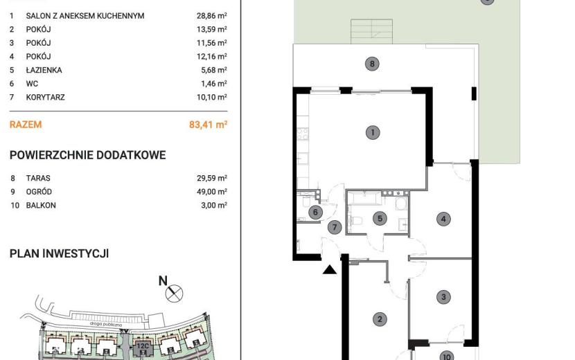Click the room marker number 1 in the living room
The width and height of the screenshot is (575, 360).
coord(373,132)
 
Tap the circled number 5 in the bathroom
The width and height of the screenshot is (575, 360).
coord(380,219)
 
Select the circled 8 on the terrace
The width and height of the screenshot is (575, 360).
coord(372,64)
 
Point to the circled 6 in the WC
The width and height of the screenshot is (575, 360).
coord(315,212)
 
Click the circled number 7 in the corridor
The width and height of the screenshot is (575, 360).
coord(335,227)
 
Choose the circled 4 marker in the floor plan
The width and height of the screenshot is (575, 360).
coord(443,219)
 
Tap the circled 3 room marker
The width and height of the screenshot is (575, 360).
coord(443,297)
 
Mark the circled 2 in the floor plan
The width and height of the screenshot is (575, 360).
coord(380,319)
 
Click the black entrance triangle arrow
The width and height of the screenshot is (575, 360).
coord(330,270)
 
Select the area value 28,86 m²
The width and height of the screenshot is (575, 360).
coord(212,15)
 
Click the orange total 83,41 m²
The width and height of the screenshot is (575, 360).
coord(209,125)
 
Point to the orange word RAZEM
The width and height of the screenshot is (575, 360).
coord(26,125)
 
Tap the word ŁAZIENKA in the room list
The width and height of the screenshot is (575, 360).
coord(44,70)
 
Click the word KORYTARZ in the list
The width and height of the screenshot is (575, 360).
coord(46,97)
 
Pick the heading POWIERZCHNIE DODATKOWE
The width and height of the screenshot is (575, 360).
coord(88,155)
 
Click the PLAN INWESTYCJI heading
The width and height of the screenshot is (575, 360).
coord(59,253)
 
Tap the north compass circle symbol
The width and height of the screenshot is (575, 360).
coord(174,294)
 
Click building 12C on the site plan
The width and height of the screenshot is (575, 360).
coord(143,346)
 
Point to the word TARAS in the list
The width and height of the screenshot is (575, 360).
coord(38,178)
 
